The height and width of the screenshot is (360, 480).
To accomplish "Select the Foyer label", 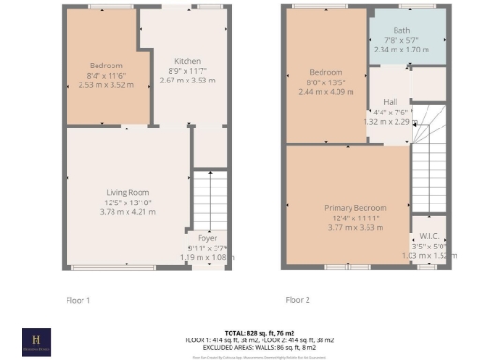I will [207, 239].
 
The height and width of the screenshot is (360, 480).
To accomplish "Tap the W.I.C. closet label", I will [430, 236].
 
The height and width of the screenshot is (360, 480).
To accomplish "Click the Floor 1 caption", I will [79, 300].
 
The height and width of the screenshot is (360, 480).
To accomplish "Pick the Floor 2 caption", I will [296, 300].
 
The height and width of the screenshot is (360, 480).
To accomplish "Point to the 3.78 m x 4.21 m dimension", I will [128, 211].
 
